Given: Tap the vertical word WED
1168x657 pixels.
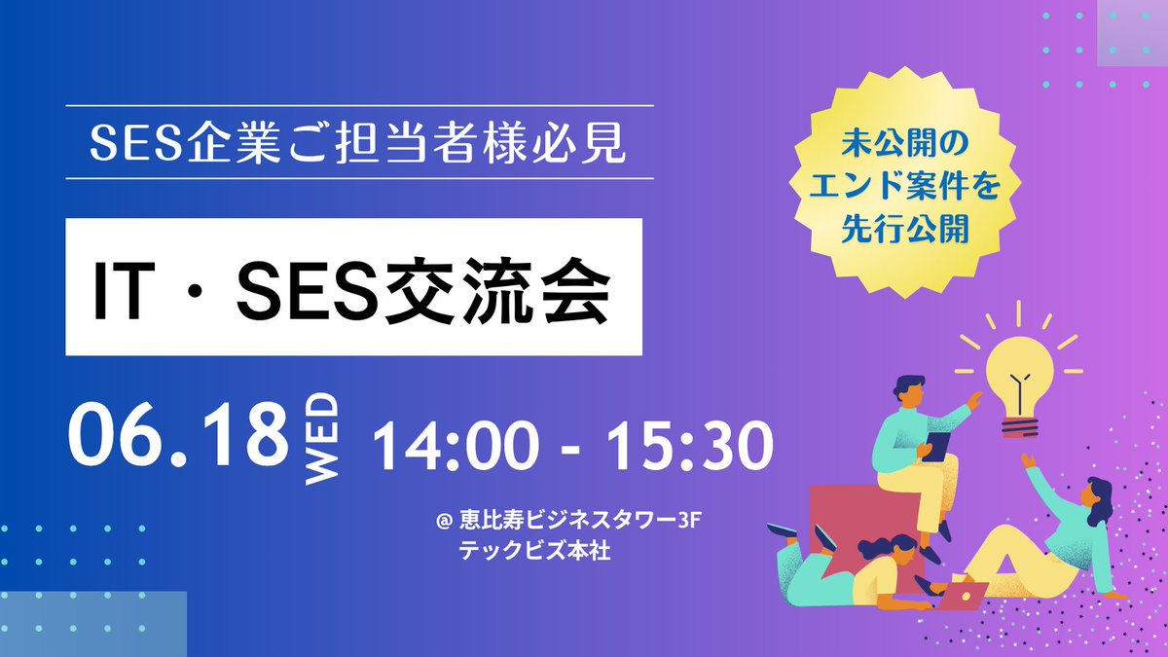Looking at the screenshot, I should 321,438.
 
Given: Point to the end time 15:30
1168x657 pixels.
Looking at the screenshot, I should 692,449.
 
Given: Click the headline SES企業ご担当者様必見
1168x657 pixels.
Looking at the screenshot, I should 359,142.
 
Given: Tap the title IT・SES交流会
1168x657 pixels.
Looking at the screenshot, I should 352,286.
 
